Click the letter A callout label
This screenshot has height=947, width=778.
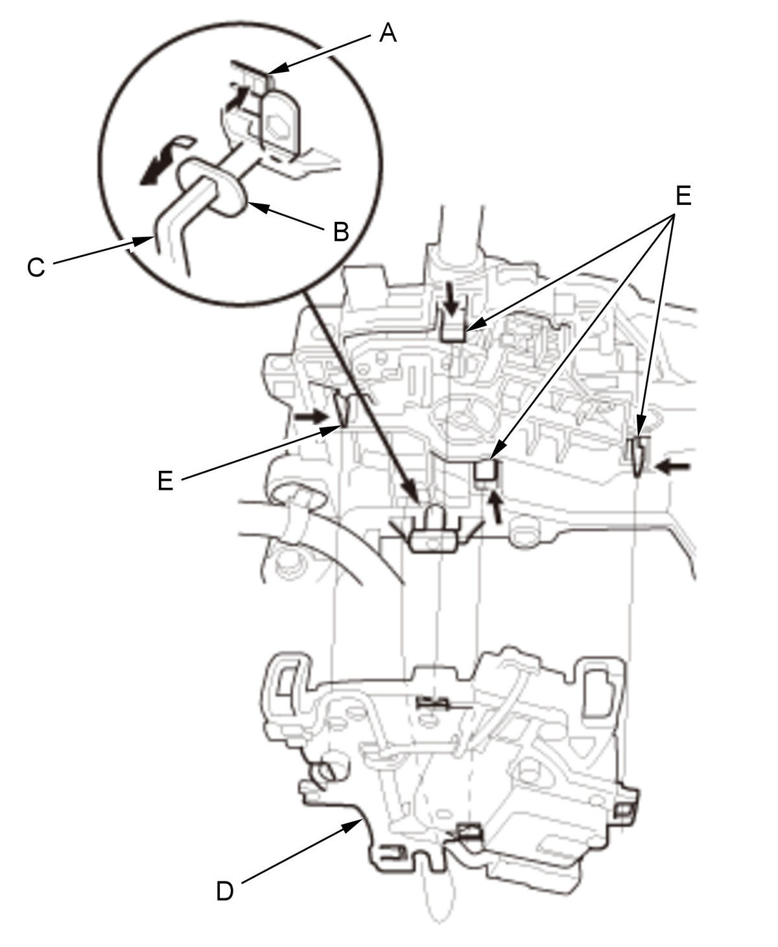tap(388, 33)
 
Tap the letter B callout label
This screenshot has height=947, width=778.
tap(341, 232)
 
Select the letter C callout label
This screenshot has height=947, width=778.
tap(36, 268)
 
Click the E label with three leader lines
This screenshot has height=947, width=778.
tap(683, 196)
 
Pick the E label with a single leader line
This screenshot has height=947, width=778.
tap(165, 481)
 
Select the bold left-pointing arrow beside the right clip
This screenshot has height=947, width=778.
tap(672, 468)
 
